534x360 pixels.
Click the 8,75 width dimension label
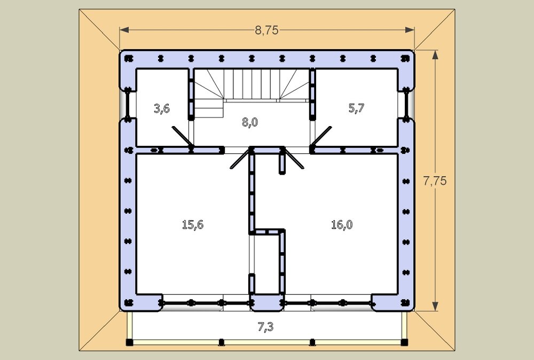click(266, 30)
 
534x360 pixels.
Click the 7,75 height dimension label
click(435, 181)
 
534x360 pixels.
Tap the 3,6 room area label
click(162, 108)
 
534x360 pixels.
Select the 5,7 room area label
click(356, 108)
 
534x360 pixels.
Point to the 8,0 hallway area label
click(250, 122)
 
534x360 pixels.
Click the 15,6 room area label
click(193, 224)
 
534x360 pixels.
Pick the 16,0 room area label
click(342, 224)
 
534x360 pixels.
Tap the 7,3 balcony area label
click(265, 327)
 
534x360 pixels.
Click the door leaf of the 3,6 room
click(182, 138)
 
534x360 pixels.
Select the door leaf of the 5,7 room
click(321, 138)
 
